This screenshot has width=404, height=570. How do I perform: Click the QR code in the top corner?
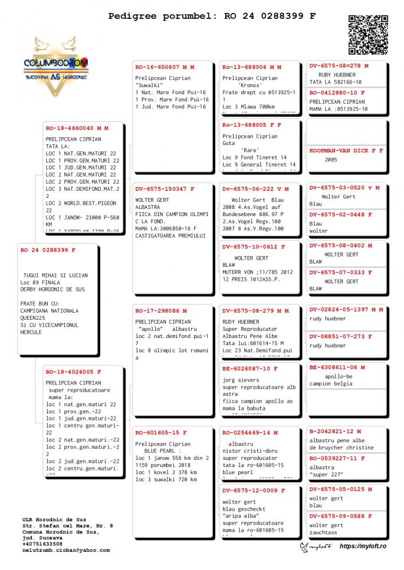tap(368, 35)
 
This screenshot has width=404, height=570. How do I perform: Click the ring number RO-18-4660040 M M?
tap(77, 128)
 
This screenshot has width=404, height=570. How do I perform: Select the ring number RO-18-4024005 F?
tap(74, 372)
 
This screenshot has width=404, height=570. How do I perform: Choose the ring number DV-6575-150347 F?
tap(165, 189)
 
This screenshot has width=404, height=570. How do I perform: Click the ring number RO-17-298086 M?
tap(161, 310)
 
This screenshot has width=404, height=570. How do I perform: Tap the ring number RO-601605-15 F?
tap(161, 432)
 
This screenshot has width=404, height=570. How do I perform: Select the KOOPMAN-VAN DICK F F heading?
tap(346, 151)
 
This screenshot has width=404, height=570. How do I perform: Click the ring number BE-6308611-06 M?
tap(337, 367)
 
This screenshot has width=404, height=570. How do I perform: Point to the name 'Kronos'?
tap(250, 85)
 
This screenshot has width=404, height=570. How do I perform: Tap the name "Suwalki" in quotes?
tap(149, 85)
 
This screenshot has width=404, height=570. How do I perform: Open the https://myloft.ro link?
tap(363, 546)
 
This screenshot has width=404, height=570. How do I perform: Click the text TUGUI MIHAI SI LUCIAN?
tap(55, 275)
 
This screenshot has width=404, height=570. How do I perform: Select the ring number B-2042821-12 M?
tap(336, 431)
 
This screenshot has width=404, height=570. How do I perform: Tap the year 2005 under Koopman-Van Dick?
tap(331, 160)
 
